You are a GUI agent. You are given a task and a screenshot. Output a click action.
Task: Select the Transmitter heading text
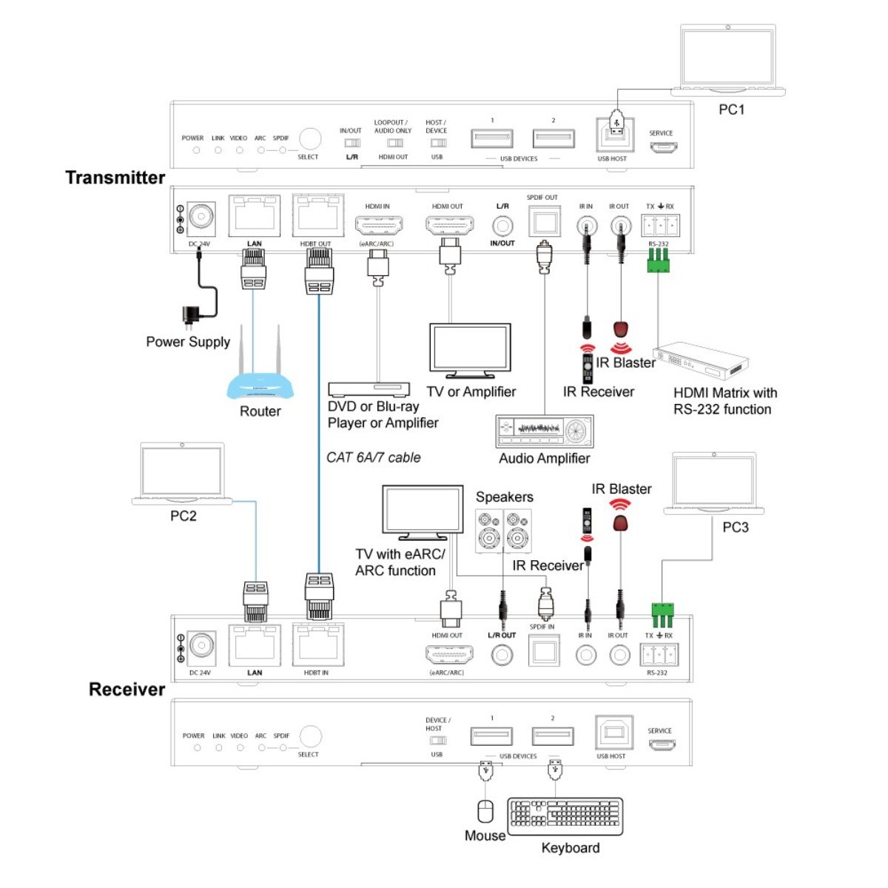115,178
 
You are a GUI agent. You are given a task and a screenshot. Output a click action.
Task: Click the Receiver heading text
127,690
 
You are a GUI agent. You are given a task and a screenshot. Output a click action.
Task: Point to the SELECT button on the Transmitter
309,138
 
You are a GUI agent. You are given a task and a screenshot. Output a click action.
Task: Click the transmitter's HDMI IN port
378,224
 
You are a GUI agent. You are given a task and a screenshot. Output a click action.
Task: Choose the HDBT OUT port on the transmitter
317,216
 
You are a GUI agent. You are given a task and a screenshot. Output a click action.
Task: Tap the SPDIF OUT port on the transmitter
544,221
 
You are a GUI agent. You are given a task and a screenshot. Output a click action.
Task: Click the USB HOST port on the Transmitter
614,135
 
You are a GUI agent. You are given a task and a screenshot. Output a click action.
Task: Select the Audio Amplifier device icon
545,431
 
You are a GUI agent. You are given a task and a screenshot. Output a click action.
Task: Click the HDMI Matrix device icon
700,362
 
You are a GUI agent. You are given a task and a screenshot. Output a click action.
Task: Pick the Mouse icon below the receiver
485,811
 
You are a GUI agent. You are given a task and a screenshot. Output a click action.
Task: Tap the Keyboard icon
565,815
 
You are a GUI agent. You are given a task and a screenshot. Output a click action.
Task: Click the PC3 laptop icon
713,485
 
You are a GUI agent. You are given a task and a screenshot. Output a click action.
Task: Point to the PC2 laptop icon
182,474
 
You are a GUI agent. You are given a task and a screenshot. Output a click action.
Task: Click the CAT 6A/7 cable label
374,458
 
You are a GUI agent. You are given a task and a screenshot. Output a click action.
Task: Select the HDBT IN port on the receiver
318,645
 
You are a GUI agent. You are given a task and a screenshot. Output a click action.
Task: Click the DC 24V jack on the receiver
201,645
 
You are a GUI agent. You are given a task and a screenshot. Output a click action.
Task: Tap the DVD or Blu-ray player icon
369,389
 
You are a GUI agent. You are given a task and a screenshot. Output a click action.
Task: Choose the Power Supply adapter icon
192,314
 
